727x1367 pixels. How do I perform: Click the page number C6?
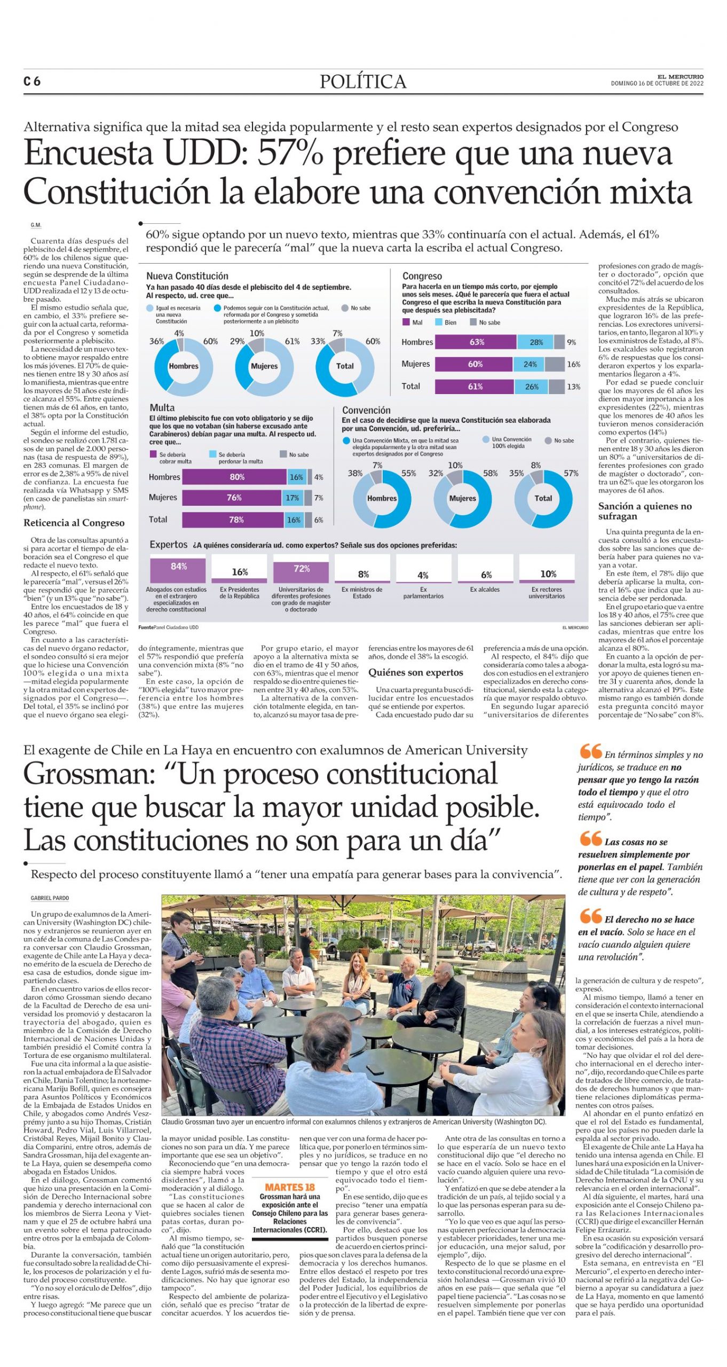(x=32, y=81)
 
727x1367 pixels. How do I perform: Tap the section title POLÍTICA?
(x=363, y=82)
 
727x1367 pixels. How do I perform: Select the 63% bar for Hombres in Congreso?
(x=476, y=342)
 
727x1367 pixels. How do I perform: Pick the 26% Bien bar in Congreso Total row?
(x=532, y=387)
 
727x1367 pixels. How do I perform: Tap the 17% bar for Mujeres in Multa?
(x=292, y=498)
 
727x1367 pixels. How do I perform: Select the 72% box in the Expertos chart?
(x=302, y=570)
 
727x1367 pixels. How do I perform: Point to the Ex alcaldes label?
(x=485, y=590)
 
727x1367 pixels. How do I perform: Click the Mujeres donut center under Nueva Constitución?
(x=264, y=366)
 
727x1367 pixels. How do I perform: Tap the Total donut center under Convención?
(x=543, y=498)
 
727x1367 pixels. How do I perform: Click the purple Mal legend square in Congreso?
(x=406, y=323)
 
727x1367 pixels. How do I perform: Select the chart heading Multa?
(x=162, y=408)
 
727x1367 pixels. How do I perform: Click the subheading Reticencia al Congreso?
(x=74, y=523)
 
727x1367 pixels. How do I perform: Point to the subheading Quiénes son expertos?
(x=415, y=672)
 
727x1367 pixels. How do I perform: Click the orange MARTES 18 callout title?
(x=290, y=1187)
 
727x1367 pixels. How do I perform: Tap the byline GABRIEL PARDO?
(x=50, y=898)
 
